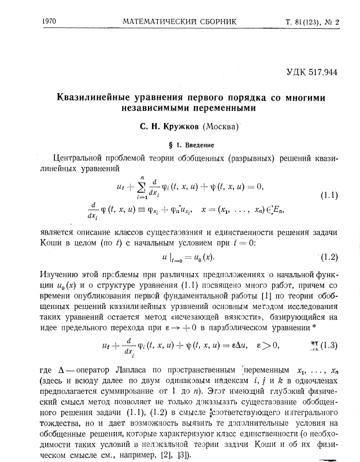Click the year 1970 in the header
point(53,23)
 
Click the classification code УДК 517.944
point(311,73)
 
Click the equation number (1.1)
point(328,195)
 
